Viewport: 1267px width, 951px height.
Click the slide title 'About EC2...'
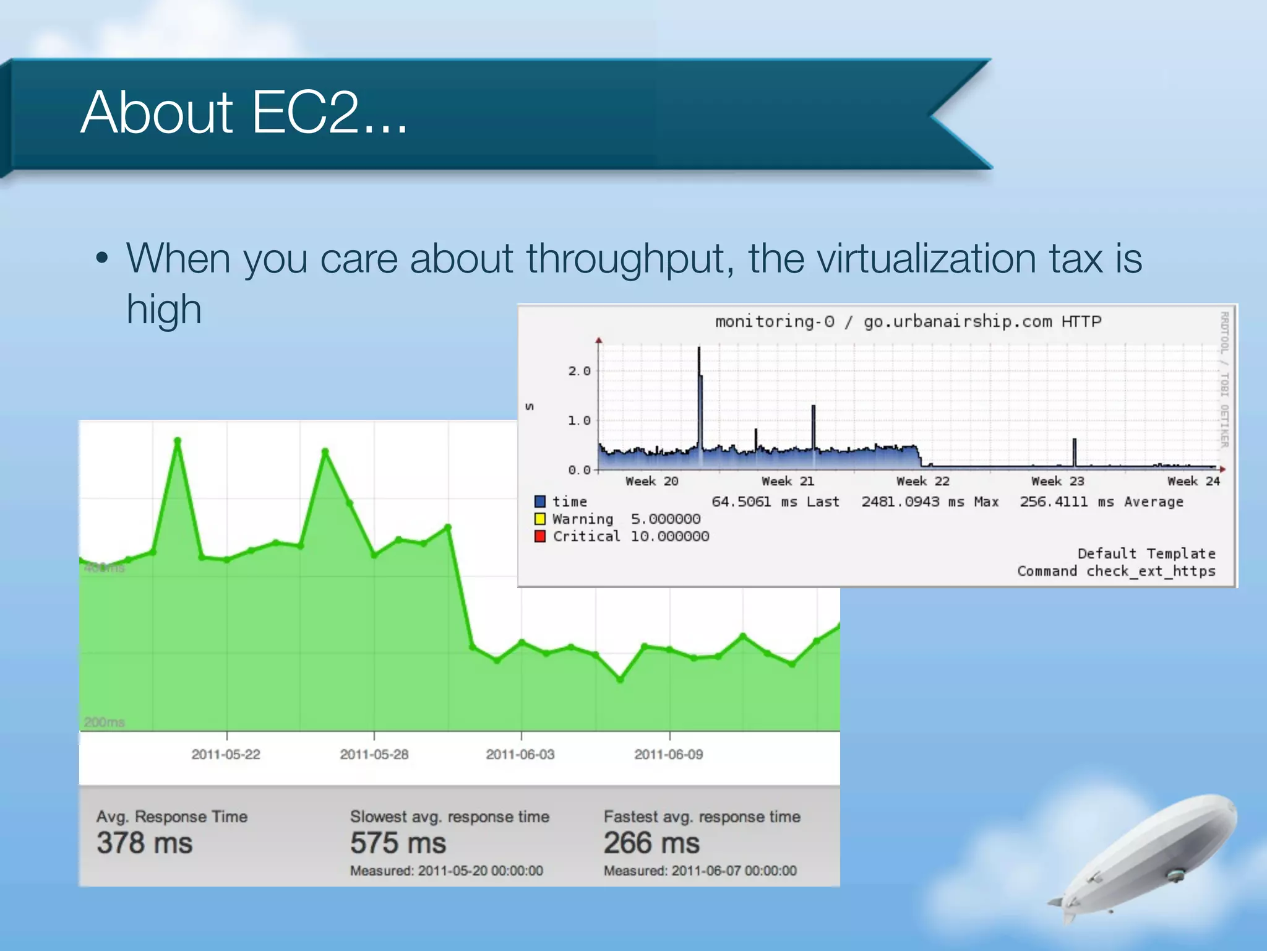pyautogui.click(x=244, y=113)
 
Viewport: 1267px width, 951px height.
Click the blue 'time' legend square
pyautogui.click(x=540, y=502)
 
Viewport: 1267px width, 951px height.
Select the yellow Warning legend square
pyautogui.click(x=540, y=519)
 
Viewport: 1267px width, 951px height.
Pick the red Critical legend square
pyautogui.click(x=540, y=536)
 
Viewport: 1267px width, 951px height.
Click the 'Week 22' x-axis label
pyautogui.click(x=922, y=481)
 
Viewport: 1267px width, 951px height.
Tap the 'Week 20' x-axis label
pyautogui.click(x=651, y=481)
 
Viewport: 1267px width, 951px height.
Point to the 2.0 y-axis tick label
pyautogui.click(x=579, y=371)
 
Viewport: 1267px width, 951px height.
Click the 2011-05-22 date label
pyautogui.click(x=226, y=754)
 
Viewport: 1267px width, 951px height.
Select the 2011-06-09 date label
pyautogui.click(x=669, y=754)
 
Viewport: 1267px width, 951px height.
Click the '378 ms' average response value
pyautogui.click(x=145, y=843)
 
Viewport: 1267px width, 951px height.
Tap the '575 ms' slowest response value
pyautogui.click(x=398, y=843)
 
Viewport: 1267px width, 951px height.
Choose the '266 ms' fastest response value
pyautogui.click(x=651, y=843)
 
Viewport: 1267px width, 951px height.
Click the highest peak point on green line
pyautogui.click(x=178, y=441)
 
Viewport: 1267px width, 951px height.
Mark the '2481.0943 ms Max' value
pyautogui.click(x=930, y=502)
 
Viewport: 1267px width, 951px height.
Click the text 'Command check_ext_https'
pyautogui.click(x=1116, y=571)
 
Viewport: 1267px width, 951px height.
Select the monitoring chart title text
pyautogui.click(x=908, y=321)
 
